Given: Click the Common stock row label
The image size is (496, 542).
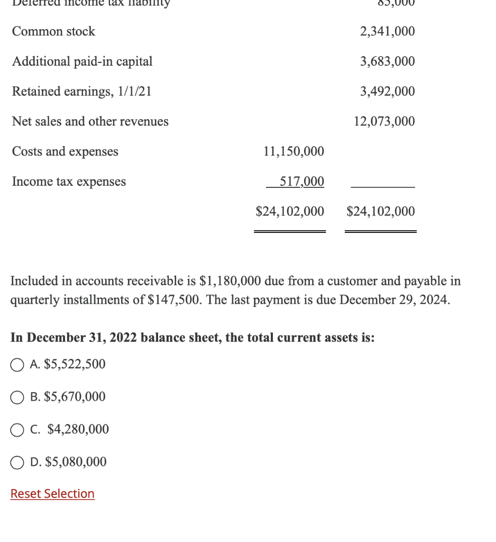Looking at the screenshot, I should click(53, 32).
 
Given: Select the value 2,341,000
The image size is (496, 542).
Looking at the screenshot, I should click(387, 32).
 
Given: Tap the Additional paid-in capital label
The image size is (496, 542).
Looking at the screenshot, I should click(82, 61).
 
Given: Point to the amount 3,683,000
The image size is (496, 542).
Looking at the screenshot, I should click(387, 61).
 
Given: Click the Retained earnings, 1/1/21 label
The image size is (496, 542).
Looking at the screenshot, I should click(81, 92).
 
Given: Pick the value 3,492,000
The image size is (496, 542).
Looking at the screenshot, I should click(387, 92).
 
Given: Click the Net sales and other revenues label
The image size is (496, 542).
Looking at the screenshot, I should click(90, 122).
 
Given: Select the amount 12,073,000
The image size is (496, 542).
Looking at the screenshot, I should click(384, 122).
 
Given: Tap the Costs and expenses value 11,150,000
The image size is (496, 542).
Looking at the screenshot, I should click(293, 152).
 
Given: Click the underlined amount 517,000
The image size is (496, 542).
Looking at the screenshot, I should click(301, 182).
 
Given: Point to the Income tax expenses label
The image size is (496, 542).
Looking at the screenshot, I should click(69, 182).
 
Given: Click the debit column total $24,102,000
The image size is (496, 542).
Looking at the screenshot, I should click(290, 212).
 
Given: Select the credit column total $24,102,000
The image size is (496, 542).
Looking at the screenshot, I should click(381, 212).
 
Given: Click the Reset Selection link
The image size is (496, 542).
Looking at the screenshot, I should click(52, 494).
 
